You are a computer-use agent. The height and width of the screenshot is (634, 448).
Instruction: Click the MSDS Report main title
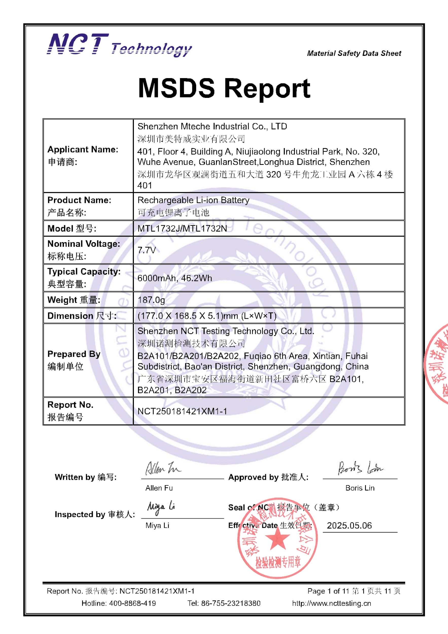pos(224,88)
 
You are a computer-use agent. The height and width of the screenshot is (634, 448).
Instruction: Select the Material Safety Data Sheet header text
pos(354,53)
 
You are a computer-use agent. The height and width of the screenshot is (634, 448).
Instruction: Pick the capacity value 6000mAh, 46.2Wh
pos(175,278)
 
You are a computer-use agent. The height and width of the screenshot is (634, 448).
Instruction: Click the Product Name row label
pos(79,200)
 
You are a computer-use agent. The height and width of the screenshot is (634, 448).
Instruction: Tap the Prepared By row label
pos(74,354)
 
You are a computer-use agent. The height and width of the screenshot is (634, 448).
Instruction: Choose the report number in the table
pos(182,411)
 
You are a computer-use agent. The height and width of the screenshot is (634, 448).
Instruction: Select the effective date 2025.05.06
pos(349,525)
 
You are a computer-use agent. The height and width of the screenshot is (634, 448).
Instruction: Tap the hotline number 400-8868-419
pos(132,603)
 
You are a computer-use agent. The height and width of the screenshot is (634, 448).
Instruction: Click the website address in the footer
pos(332,603)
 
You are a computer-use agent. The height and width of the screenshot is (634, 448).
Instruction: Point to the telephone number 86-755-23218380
pos(230,603)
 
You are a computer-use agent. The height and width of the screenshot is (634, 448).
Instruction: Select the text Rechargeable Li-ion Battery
pos(193,200)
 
